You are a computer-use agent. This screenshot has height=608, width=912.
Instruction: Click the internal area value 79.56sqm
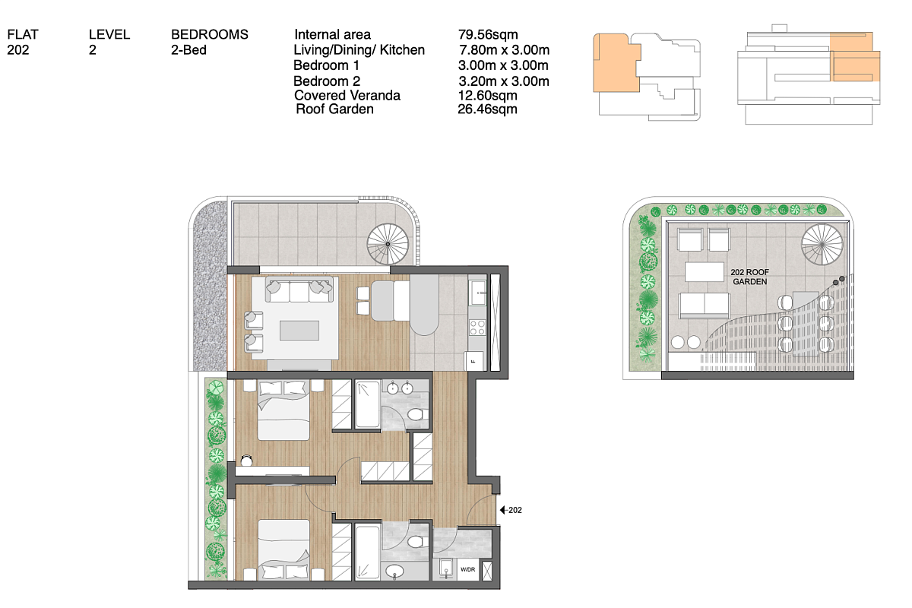[488, 35]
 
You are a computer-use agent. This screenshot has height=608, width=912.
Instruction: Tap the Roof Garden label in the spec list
[334, 109]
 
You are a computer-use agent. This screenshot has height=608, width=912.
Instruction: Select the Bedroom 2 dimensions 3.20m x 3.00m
[504, 81]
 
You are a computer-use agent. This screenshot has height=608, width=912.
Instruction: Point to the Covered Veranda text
[347, 95]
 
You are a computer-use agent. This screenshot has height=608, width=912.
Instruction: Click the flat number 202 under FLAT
[18, 50]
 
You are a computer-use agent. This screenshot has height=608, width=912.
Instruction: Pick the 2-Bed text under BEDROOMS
[188, 50]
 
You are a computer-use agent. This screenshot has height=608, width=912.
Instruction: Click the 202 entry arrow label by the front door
[511, 510]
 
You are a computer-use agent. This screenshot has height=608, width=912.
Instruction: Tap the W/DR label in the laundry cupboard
[468, 569]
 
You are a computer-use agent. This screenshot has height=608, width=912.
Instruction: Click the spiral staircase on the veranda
[388, 245]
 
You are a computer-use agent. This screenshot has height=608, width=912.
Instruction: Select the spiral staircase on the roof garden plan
[822, 245]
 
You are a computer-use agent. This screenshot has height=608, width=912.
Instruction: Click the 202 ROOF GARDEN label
[749, 277]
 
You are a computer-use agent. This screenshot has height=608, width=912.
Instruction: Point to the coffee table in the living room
[299, 331]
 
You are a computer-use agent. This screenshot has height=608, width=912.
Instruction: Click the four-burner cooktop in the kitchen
[477, 328]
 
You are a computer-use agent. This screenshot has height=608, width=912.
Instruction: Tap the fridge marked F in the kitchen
[473, 361]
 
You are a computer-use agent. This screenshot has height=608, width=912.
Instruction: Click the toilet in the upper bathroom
[415, 415]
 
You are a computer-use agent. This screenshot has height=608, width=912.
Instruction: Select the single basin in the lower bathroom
[394, 571]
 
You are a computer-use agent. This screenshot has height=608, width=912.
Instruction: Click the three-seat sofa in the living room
[299, 290]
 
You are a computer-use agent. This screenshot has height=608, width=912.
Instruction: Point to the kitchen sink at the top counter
[477, 293]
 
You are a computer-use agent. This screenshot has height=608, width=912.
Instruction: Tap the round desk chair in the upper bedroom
[246, 461]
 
